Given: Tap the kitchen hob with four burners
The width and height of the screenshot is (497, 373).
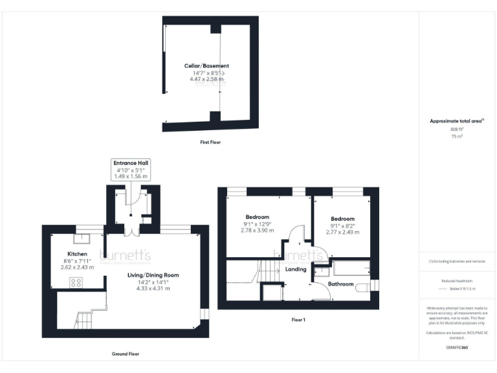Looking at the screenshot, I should (x=76, y=282).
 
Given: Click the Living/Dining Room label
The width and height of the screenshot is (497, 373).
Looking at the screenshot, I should (x=153, y=275).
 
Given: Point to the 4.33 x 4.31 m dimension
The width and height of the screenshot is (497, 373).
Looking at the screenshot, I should (x=153, y=288).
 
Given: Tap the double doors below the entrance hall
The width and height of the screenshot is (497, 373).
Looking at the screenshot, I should (x=131, y=231).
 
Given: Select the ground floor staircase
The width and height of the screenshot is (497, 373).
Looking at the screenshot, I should (x=85, y=319).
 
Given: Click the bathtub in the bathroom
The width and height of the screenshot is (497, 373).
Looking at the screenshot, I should (x=350, y=266).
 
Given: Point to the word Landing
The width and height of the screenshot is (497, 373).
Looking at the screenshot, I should (x=295, y=269).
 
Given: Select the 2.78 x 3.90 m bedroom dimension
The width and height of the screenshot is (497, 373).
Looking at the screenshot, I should (x=257, y=231).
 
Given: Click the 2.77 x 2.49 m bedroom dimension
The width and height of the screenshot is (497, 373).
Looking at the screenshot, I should (x=342, y=232).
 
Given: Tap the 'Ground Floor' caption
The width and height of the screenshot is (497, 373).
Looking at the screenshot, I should (x=125, y=354).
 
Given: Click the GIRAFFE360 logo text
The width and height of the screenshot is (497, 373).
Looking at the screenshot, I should (x=457, y=348).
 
